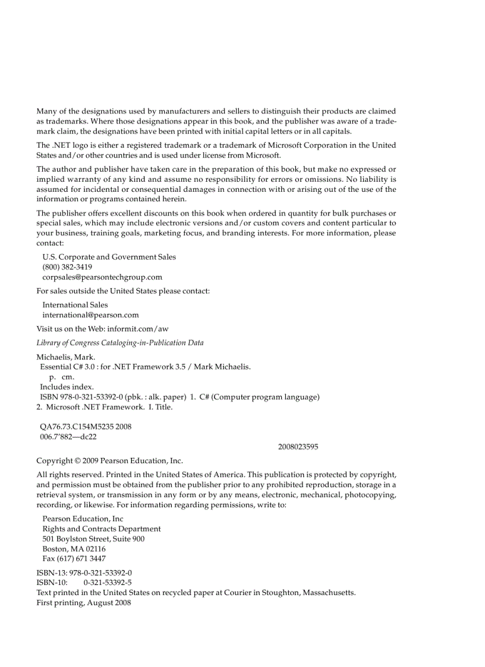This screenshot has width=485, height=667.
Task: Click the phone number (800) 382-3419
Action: pos(67,267)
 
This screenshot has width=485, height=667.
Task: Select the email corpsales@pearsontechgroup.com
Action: pos(102,277)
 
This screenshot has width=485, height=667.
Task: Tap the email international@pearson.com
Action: pos(90,315)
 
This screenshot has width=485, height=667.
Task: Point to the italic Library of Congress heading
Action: pos(120,343)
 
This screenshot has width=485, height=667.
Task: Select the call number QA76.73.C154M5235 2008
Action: pos(86,426)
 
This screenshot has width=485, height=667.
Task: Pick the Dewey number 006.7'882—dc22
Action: pos(68,437)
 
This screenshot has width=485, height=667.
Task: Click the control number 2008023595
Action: pos(298,447)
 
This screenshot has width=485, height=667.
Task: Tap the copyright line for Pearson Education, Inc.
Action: pos(110,461)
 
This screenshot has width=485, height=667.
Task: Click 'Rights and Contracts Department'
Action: pos(102,529)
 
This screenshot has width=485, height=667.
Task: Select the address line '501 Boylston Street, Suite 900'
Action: pos(93,539)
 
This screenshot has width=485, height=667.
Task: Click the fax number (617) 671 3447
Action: pos(74,559)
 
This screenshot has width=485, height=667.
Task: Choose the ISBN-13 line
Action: pos(84,573)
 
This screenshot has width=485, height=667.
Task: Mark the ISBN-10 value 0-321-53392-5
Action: pos(108,583)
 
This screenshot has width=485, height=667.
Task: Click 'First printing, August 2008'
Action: pos(84,603)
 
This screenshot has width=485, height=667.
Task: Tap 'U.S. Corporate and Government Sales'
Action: pos(109,257)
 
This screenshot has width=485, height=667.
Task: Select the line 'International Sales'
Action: pos(75,305)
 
